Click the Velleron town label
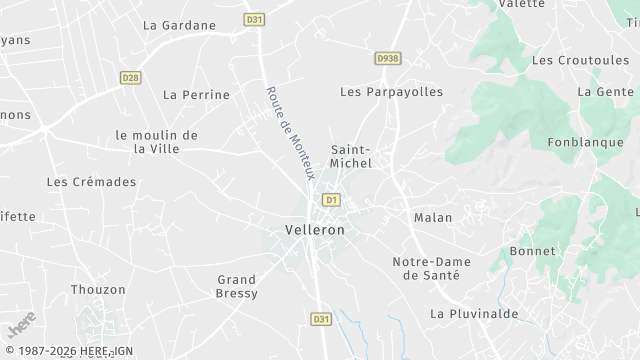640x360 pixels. pyautogui.click(x=314, y=230)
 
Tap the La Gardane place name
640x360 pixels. pyautogui.click(x=179, y=25)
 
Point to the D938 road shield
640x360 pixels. pyautogui.click(x=387, y=59)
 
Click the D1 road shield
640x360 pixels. pyautogui.click(x=331, y=200)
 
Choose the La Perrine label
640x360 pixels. pyautogui.click(x=196, y=95)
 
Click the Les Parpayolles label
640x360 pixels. pyautogui.click(x=391, y=92)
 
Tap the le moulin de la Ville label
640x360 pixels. pyautogui.click(x=156, y=142)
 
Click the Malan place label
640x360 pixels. pyautogui.click(x=433, y=217)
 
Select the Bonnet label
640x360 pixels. pyautogui.click(x=531, y=251)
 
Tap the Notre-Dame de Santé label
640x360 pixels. pyautogui.click(x=426, y=268)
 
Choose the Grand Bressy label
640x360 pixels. pyautogui.click(x=237, y=286)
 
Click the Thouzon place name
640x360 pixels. pyautogui.click(x=98, y=290)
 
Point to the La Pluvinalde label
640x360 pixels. pyautogui.click(x=474, y=313)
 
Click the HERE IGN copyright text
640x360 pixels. pyautogui.click(x=67, y=351)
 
